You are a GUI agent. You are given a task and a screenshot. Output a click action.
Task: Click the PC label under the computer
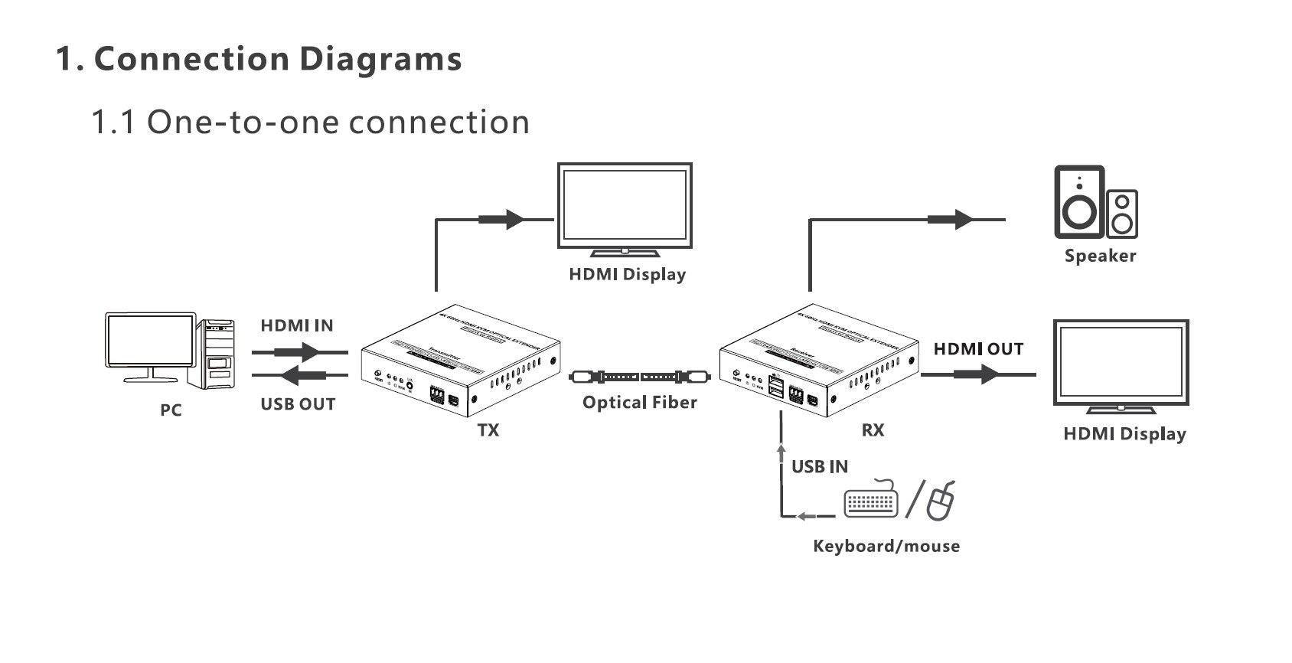(171, 410)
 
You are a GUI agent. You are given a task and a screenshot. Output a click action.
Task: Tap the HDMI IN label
(297, 325)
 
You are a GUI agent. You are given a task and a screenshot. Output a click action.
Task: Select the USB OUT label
(298, 404)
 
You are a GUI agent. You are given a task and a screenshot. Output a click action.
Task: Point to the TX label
(488, 430)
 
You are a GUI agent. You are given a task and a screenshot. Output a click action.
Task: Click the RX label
(873, 430)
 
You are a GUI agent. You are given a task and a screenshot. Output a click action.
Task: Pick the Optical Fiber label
(640, 403)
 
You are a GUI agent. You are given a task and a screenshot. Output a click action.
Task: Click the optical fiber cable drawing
(640, 377)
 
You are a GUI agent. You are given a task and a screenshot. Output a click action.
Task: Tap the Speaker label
(1100, 256)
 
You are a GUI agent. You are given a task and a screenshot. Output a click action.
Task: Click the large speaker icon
(1079, 202)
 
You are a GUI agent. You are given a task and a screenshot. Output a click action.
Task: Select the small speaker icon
(1122, 213)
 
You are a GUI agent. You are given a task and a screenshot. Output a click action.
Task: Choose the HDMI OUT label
(978, 349)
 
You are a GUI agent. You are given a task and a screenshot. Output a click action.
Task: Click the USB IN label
(820, 466)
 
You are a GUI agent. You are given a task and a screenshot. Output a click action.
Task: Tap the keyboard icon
(871, 501)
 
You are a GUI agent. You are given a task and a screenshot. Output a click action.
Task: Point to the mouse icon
(941, 501)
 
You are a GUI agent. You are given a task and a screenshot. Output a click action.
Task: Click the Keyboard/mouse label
(886, 546)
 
